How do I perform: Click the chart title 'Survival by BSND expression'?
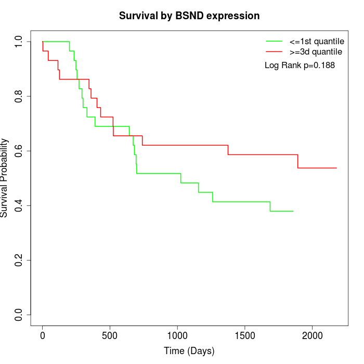click(189, 16)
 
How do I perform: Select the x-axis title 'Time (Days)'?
click(189, 351)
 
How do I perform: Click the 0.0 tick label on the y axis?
click(19, 315)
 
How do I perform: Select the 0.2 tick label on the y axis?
click(19, 260)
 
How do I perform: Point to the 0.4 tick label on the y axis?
click(19, 205)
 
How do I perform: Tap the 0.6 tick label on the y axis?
click(19, 151)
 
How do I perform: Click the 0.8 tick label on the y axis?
click(19, 96)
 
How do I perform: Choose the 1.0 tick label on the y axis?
click(19, 42)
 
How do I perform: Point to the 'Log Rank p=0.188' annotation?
click(300, 66)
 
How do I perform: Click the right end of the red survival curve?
click(336, 168)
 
